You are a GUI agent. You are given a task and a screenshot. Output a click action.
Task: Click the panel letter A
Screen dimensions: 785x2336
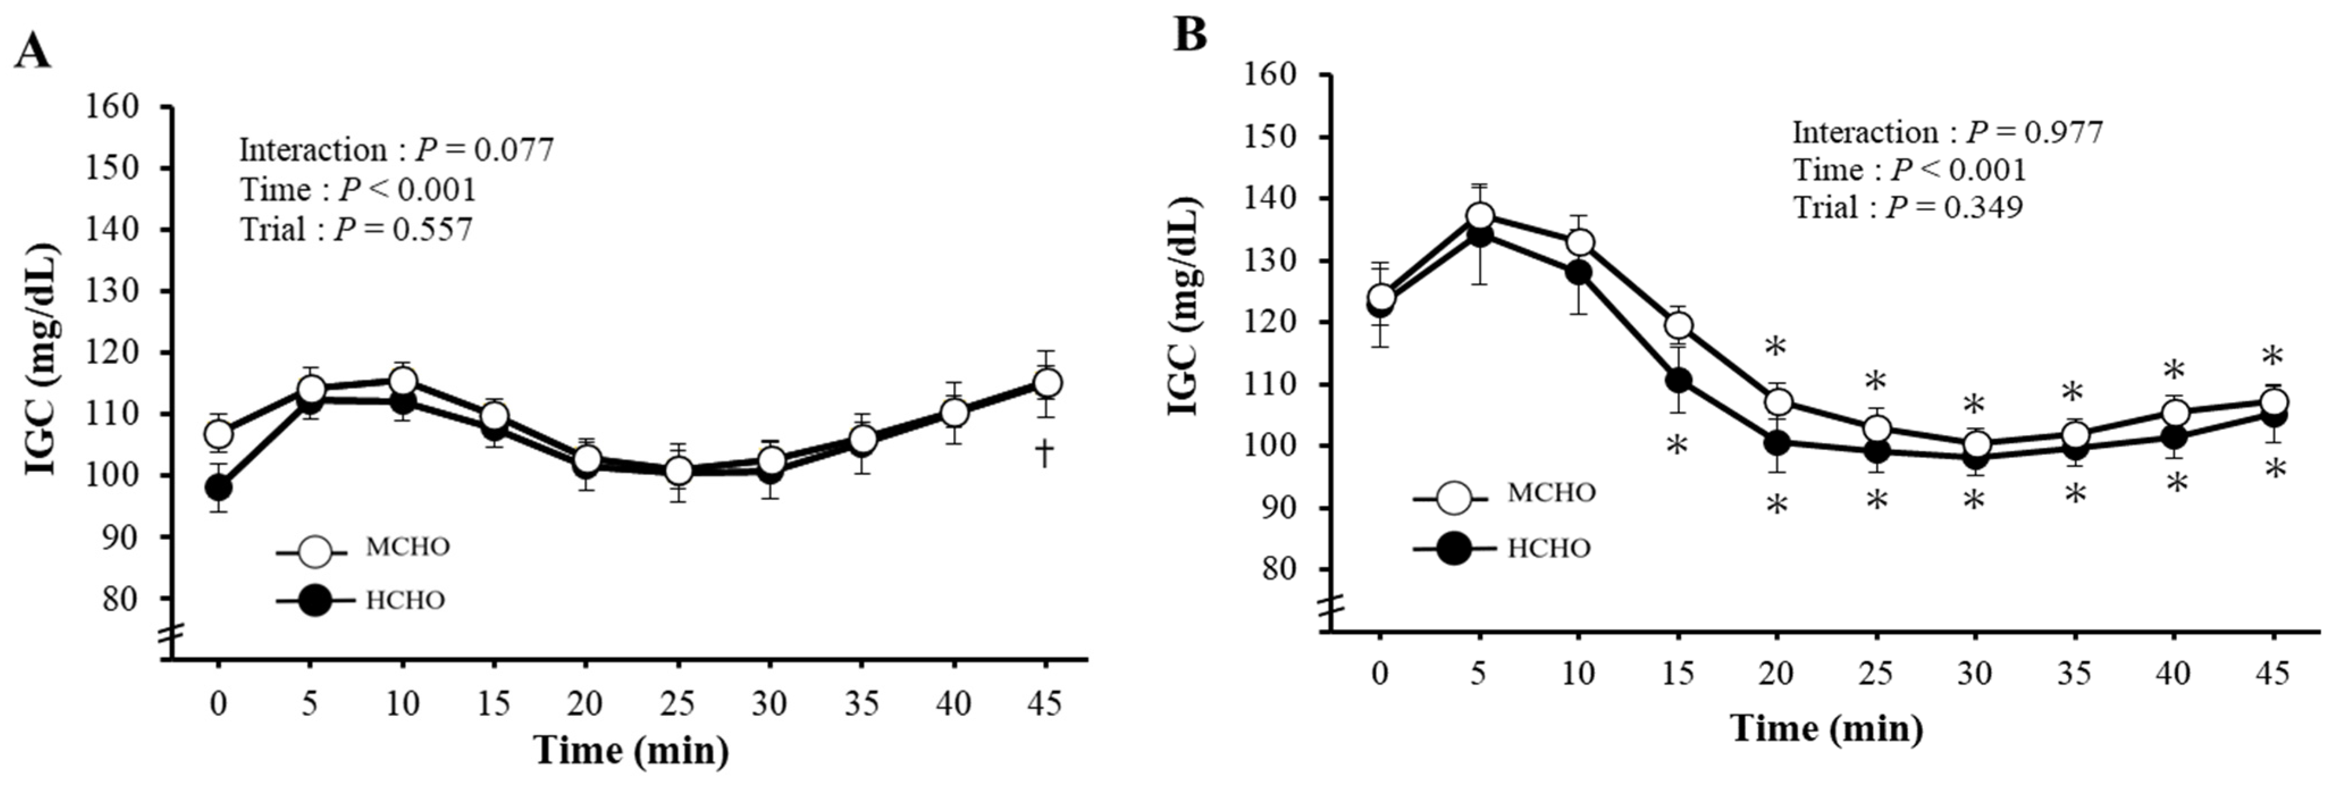tap(33, 52)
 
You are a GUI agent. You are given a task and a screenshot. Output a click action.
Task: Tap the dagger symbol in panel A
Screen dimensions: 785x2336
tap(1045, 452)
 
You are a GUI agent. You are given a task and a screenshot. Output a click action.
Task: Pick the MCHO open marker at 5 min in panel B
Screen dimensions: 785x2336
tap(1480, 216)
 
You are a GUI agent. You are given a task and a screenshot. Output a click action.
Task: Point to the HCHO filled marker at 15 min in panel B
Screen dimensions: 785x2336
tap(1678, 380)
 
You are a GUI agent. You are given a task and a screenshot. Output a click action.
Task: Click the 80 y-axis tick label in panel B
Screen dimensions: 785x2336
tap(1272, 569)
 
